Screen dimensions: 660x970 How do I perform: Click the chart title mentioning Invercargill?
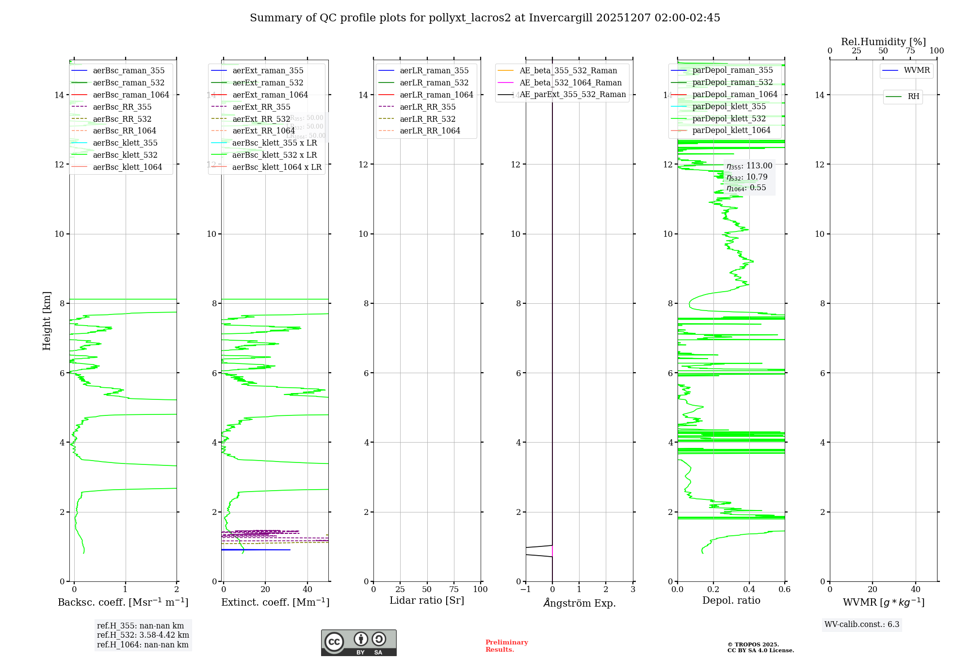pos(485,18)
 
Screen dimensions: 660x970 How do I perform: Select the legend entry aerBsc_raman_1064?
pos(131,95)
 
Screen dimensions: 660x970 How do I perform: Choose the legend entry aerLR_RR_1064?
pos(430,131)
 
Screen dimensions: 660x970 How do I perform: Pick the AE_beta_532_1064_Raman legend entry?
pos(570,82)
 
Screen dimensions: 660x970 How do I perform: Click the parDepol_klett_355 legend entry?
pos(729,106)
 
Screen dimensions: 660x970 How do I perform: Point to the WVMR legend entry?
pos(917,70)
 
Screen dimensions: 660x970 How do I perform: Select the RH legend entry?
pos(913,97)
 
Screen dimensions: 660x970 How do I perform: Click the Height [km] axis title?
pos(47,320)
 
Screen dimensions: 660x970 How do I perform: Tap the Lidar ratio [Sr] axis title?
pos(427,601)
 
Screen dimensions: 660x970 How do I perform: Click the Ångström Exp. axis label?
pos(580,603)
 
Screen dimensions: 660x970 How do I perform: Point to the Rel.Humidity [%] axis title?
pos(883,42)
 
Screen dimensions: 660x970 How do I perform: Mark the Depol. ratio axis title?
pos(731,601)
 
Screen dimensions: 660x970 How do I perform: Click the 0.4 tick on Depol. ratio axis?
pos(749,590)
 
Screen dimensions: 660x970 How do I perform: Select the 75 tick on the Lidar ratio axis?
pos(454,590)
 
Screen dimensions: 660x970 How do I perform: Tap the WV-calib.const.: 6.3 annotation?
pos(862,625)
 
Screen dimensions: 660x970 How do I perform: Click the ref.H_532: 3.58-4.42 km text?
pos(143,635)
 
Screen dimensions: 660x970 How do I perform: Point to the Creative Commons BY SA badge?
pos(358,643)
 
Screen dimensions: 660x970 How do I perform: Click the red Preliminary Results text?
pos(506,646)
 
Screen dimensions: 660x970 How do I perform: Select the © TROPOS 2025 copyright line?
pos(753,644)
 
